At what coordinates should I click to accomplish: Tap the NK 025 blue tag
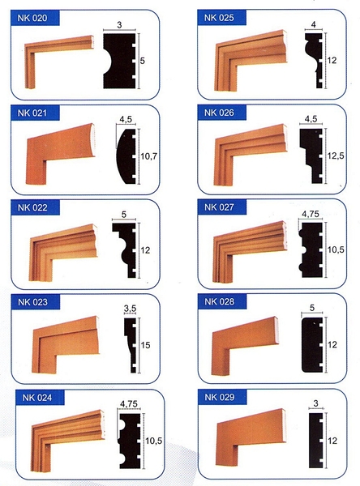[221, 18]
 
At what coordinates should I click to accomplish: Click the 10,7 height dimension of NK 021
[149, 156]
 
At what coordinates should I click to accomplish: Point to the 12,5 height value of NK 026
[336, 156]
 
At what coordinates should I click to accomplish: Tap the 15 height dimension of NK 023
[146, 345]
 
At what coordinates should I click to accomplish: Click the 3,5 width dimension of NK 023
[130, 309]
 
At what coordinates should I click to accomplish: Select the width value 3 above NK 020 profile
[119, 25]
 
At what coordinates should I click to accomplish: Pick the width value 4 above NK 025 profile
[314, 24]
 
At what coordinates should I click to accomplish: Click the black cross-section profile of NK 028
[311, 345]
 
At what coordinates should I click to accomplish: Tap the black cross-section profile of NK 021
[126, 156]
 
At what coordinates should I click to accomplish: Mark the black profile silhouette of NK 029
[316, 440]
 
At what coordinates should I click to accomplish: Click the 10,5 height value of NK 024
[154, 441]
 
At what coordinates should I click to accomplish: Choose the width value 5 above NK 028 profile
[312, 308]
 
